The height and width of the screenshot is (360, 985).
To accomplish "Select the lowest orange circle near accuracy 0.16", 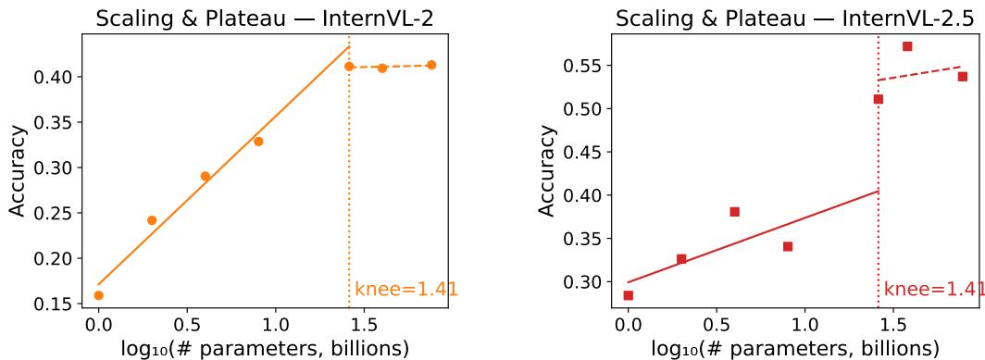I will (x=98, y=295).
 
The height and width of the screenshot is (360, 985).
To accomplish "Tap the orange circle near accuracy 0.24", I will (x=152, y=220).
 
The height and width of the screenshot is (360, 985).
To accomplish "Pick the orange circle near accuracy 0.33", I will (x=258, y=142).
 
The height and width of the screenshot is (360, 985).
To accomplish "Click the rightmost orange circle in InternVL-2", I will (x=431, y=65).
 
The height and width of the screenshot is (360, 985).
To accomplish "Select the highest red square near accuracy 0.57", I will (x=907, y=46).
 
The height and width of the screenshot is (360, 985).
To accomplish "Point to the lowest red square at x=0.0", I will (x=628, y=295).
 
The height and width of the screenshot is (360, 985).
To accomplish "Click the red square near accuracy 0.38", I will (x=734, y=212).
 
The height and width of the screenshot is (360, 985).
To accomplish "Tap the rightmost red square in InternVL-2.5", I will (x=962, y=77).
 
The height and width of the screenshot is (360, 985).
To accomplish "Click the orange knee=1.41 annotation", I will (x=405, y=290).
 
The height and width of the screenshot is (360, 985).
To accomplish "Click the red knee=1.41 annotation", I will (x=933, y=290).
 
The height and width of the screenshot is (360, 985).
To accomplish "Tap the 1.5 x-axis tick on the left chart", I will (x=364, y=326).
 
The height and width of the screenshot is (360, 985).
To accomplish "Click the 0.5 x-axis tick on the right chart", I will (x=716, y=326).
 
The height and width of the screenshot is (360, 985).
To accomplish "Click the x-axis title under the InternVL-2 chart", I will (x=265, y=348).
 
